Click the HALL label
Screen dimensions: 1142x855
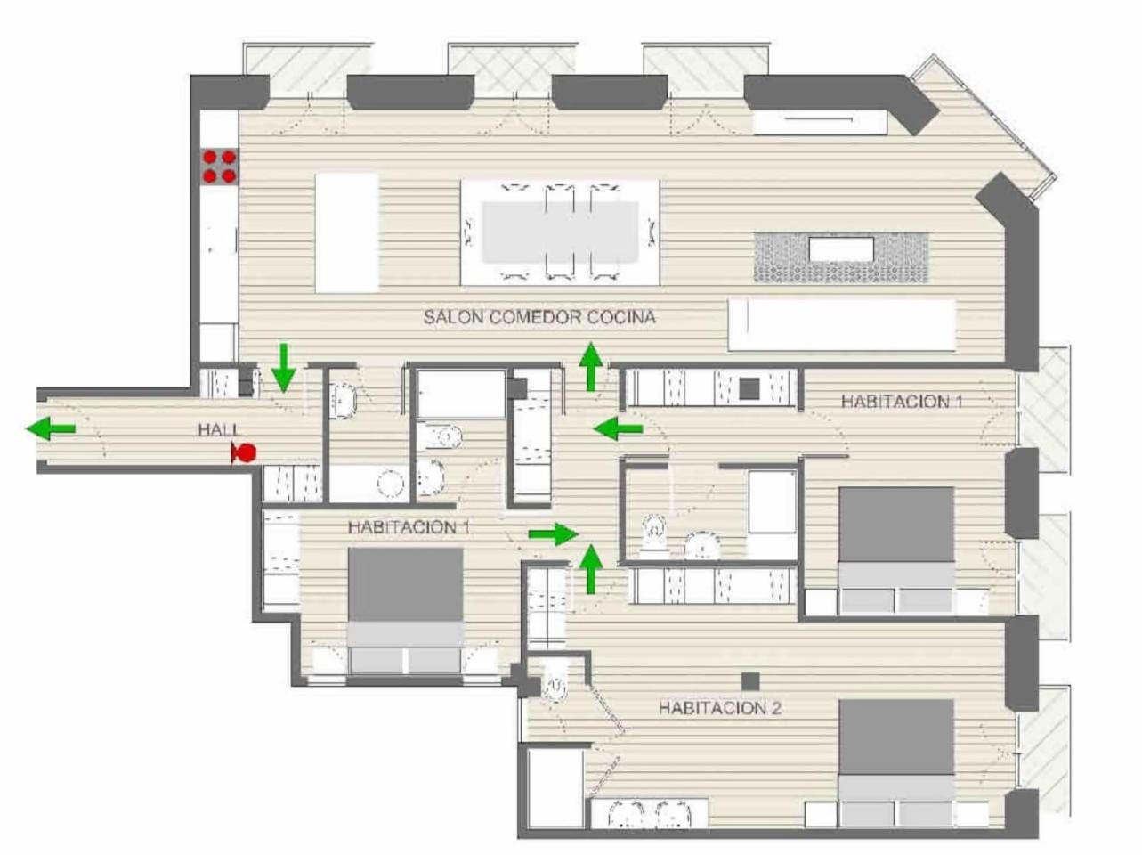click(x=219, y=430)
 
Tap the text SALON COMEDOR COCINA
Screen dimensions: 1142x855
click(x=539, y=317)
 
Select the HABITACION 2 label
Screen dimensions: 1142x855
click(x=720, y=708)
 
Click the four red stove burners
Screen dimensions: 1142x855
click(x=219, y=167)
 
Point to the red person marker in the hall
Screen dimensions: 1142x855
click(x=244, y=452)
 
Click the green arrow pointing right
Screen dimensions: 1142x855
click(x=554, y=533)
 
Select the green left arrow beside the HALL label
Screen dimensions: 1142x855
click(x=51, y=428)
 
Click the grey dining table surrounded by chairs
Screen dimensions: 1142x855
click(x=560, y=232)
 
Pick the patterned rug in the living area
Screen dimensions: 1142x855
click(x=841, y=258)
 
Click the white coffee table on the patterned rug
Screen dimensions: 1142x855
click(x=841, y=249)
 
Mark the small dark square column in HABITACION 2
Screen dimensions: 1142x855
click(x=750, y=681)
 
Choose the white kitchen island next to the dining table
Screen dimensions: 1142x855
click(x=347, y=232)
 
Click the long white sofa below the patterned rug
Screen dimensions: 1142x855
click(x=842, y=324)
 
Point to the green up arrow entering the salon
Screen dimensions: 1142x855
click(x=590, y=366)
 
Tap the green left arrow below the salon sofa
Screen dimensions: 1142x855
click(x=618, y=428)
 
